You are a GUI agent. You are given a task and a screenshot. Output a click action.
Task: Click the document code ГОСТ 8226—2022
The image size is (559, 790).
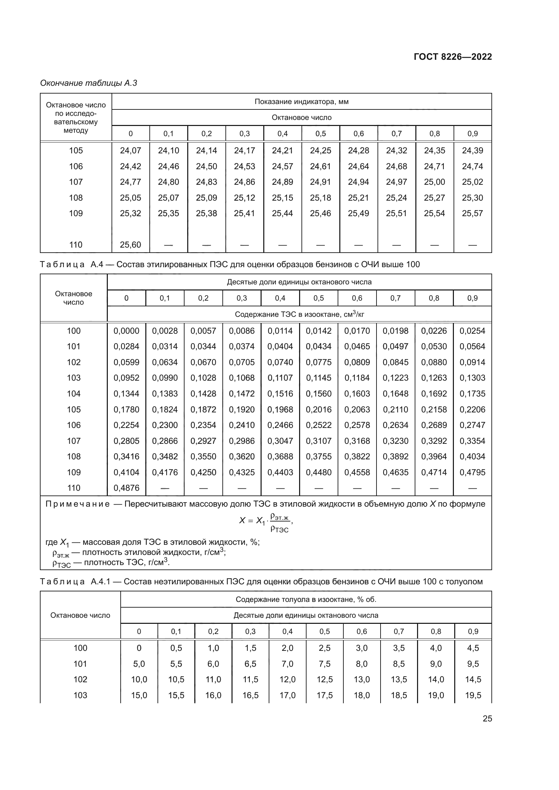pos(453,57)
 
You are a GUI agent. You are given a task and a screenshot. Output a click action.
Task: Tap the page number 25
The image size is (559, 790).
pos(487,718)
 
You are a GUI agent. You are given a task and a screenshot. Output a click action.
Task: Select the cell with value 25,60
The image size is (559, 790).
pos(130,245)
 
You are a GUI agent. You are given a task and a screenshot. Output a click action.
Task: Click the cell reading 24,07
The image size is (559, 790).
pos(130,150)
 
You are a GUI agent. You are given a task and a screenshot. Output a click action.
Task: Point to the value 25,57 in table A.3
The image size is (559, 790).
pos(472,213)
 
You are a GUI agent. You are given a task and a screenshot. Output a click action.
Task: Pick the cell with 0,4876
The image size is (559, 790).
pos(126,488)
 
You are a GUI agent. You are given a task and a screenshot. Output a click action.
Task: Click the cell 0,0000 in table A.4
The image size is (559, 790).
pos(126,331)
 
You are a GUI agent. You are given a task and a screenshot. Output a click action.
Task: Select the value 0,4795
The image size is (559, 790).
pos(472,473)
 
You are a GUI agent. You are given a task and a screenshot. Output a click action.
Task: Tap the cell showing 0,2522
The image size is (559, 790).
pos(318,425)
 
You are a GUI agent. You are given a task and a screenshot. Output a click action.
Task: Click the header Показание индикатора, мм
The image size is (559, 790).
pos(301,102)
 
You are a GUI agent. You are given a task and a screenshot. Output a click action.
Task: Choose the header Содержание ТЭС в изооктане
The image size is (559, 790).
pos(299,314)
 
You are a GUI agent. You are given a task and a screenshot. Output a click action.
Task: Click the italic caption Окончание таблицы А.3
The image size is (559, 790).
pos(89,83)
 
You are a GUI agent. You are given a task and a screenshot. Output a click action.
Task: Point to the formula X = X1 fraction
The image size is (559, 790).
pos(266,520)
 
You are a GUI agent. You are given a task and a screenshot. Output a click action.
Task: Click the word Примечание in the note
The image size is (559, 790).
pos(78,504)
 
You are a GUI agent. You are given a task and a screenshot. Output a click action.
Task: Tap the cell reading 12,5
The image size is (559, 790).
pos(324,680)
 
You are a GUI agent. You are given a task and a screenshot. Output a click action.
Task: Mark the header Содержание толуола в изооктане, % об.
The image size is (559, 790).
pos(306,600)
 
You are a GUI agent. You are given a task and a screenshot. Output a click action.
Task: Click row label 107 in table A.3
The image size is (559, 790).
pos(76,182)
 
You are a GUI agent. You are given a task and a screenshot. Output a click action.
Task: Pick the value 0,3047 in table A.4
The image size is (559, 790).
pos(280,441)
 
